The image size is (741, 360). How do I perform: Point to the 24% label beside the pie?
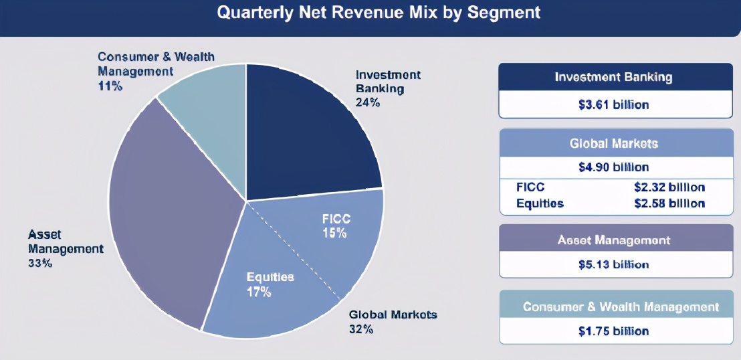coord(368,102)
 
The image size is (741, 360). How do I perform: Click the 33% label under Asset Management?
coord(40,263)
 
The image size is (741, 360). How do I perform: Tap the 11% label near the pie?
coord(110,86)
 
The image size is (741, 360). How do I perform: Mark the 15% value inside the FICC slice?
coord(334,233)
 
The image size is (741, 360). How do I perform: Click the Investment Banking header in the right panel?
coord(613,77)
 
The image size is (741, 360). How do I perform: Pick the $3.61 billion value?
coord(613,104)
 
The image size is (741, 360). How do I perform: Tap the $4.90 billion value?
coord(613,167)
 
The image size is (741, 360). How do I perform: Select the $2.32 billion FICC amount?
coord(669,187)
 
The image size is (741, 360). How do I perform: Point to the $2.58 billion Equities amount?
coord(669,203)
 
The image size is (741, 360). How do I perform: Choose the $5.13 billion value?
coord(613,264)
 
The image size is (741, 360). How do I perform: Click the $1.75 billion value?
coord(613,331)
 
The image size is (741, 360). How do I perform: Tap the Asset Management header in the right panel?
coord(613,240)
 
